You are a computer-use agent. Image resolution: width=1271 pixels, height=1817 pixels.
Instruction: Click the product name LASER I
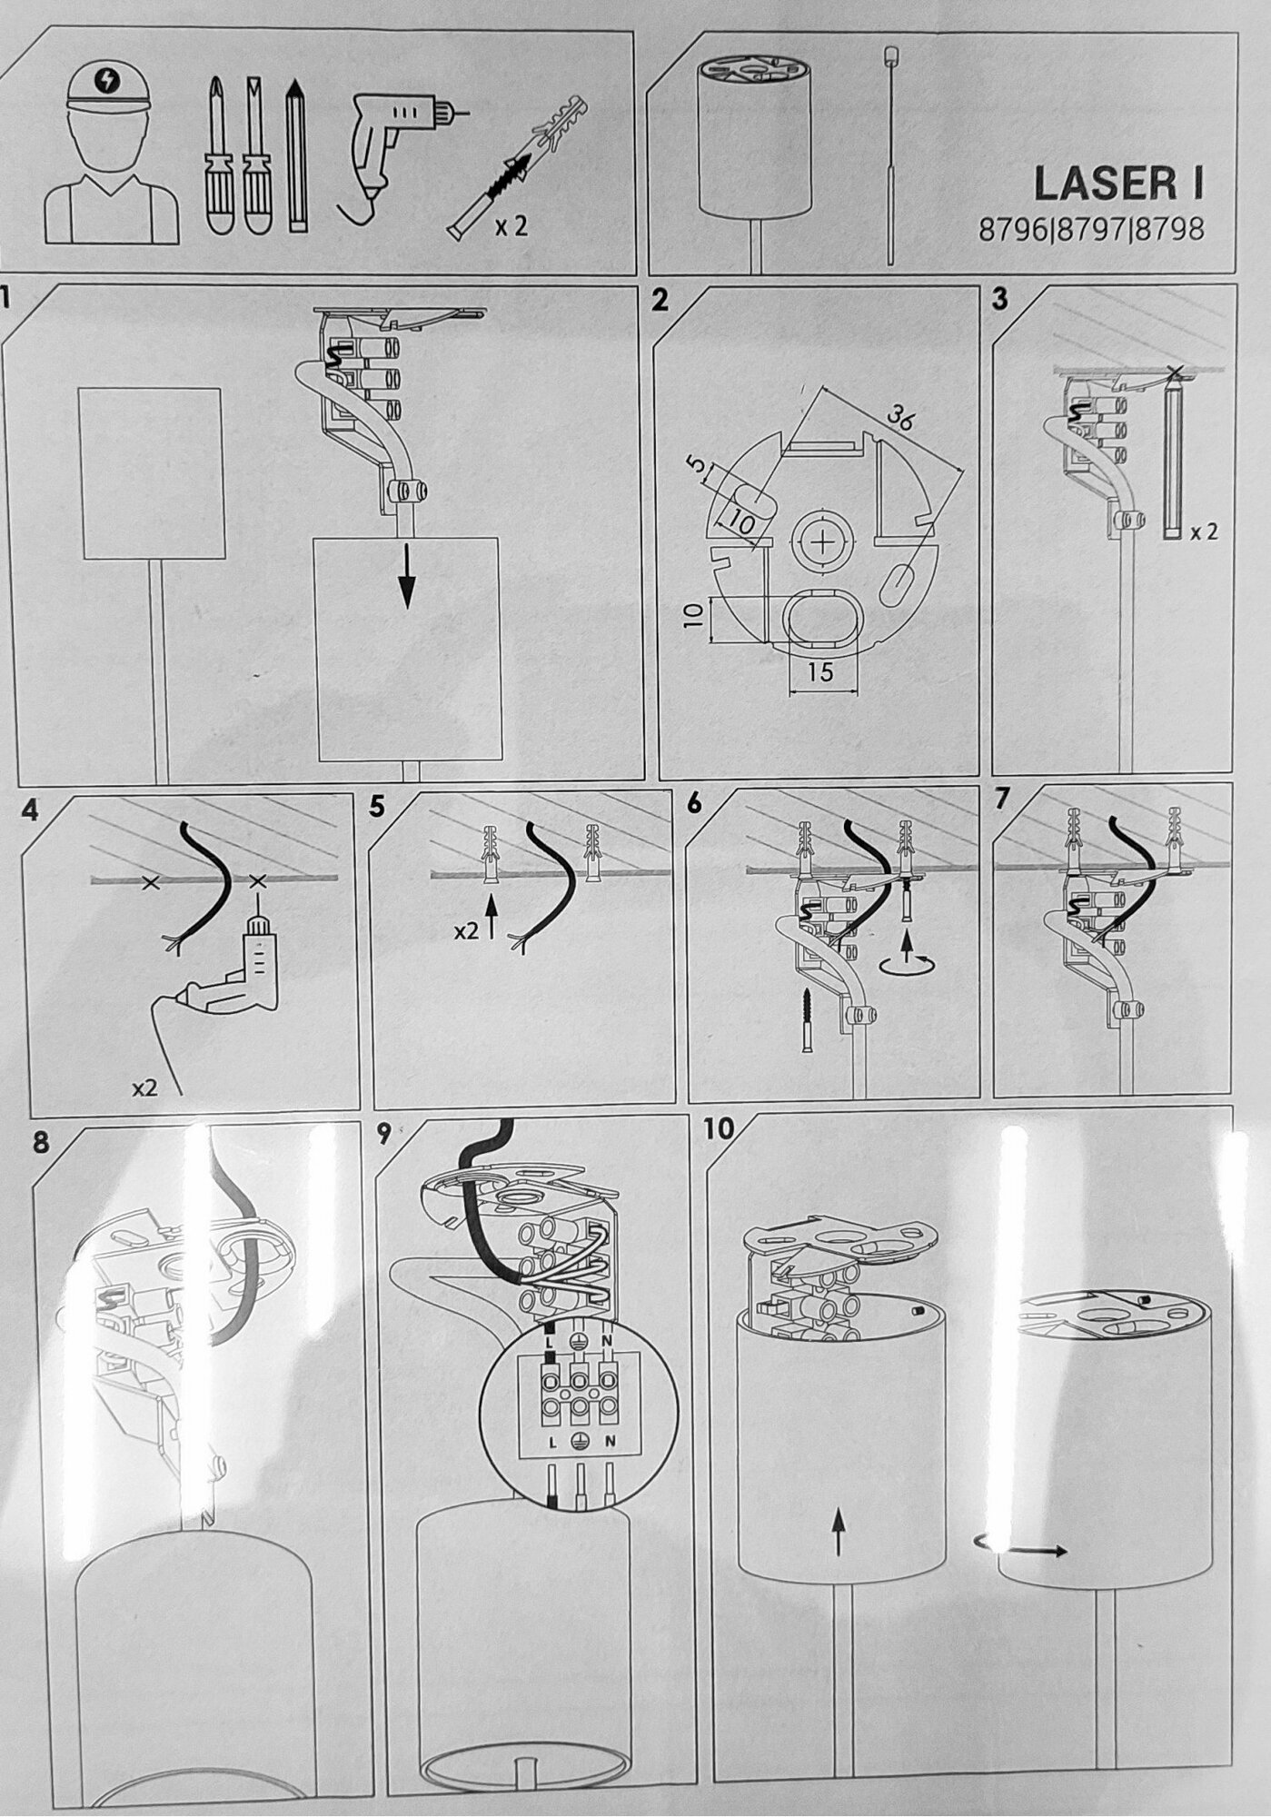(x=1118, y=184)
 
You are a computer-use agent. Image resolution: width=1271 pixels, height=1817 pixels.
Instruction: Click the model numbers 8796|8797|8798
(x=1091, y=230)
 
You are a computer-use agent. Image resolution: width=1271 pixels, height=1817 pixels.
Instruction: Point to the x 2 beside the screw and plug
(x=511, y=226)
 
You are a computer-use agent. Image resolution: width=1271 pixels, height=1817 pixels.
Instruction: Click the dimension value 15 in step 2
(x=819, y=672)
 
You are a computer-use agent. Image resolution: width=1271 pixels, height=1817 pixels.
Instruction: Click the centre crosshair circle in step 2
(x=821, y=544)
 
